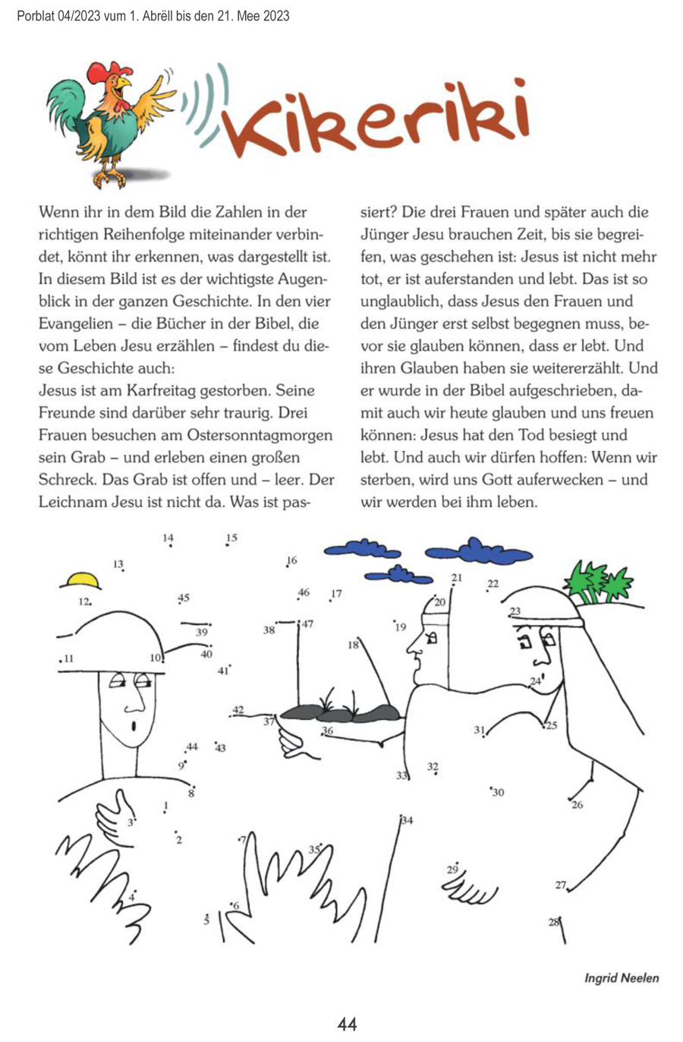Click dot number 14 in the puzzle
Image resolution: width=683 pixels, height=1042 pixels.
click(168, 538)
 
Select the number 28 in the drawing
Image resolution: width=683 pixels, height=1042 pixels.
click(553, 922)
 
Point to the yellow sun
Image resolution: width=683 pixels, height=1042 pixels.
click(81, 581)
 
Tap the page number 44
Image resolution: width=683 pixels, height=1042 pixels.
click(347, 1024)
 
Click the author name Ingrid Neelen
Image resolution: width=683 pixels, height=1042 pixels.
click(621, 977)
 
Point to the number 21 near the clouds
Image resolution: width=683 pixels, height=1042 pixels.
click(456, 578)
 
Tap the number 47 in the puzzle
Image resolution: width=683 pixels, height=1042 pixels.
click(307, 624)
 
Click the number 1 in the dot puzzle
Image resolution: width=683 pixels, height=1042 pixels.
click(166, 805)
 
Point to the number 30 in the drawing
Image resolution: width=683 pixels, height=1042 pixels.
click(498, 793)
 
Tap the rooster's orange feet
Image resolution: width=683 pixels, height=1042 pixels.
click(114, 179)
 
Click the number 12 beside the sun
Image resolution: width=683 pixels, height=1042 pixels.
click(84, 602)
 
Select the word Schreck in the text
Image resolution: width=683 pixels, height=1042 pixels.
click(66, 481)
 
